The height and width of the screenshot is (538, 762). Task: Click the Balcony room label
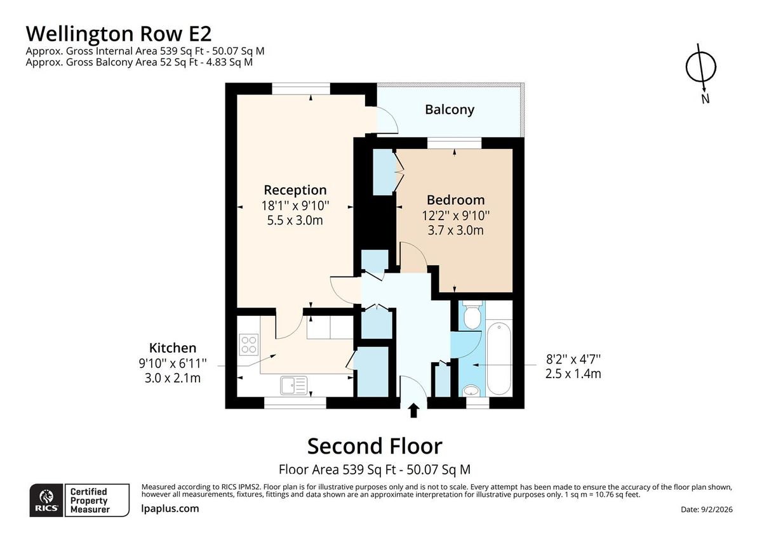coord(450,109)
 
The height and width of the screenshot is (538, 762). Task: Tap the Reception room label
coord(295,190)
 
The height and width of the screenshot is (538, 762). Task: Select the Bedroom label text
coord(455,200)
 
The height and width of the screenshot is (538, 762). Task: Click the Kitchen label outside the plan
coord(173,348)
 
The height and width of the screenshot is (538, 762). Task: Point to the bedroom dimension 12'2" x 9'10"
coord(456,215)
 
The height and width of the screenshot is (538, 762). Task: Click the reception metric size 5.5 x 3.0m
coord(295,220)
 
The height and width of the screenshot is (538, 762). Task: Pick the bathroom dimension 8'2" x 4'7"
coord(573,358)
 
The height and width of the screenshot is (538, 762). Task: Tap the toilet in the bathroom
coord(471,315)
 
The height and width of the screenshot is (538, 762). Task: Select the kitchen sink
coord(293,384)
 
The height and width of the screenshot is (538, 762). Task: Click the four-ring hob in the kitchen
coord(248,344)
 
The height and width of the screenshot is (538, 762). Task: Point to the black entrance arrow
coord(413,411)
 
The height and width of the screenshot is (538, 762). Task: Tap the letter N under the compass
coord(705,99)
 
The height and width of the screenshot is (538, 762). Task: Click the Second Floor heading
coord(375,446)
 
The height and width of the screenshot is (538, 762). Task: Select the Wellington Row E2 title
coord(118,32)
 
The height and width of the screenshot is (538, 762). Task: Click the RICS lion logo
coord(46,499)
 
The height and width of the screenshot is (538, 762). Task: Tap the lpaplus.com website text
coord(170,508)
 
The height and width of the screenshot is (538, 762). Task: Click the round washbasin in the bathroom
coord(471,390)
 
